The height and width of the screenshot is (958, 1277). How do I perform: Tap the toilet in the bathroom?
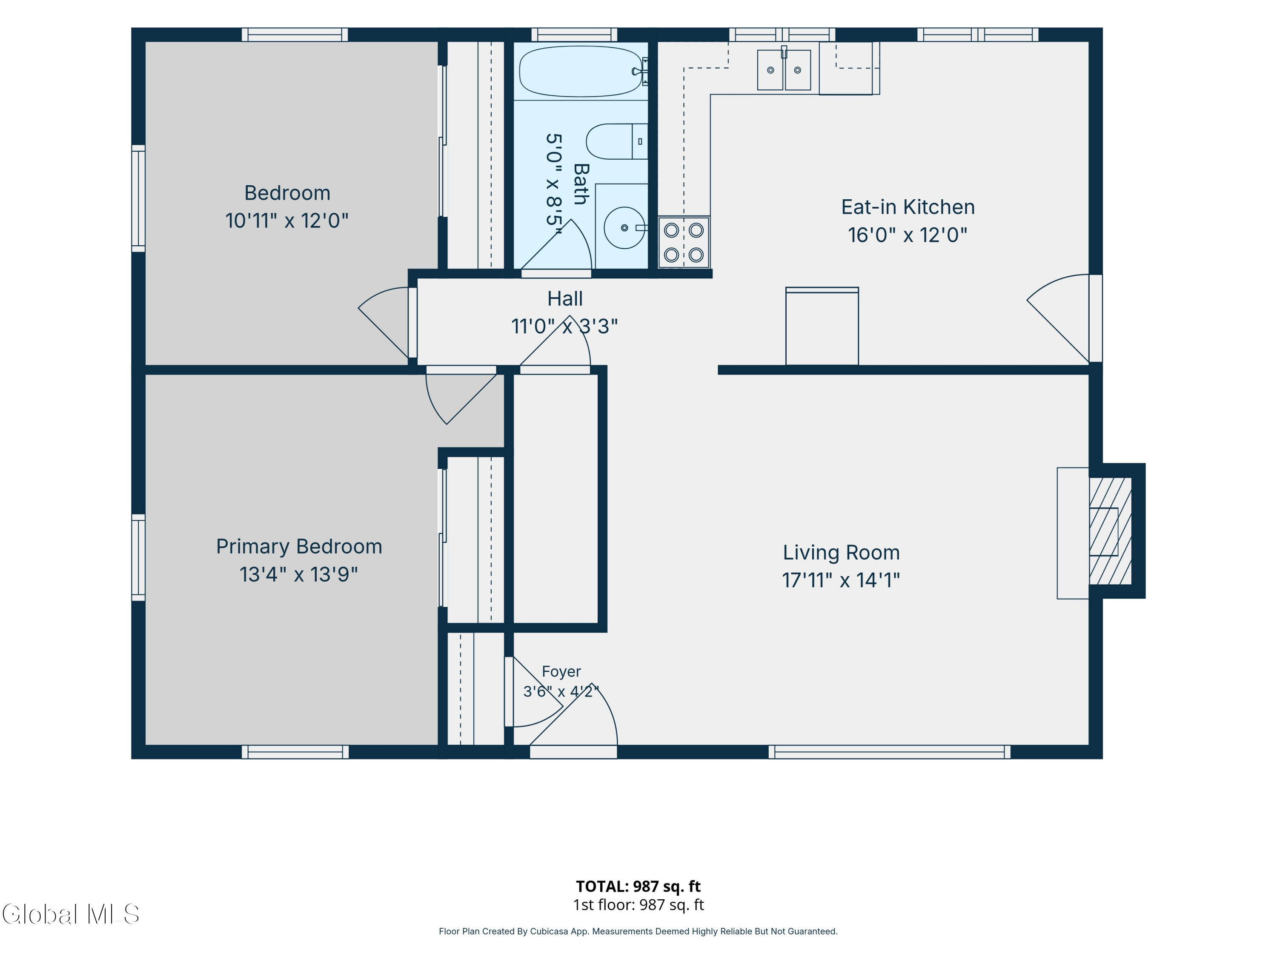click(x=616, y=141)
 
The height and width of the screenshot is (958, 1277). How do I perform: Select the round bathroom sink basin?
click(x=624, y=227)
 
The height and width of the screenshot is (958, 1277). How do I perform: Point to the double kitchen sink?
click(x=784, y=70)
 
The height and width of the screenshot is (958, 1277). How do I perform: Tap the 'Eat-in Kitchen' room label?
click(x=908, y=207)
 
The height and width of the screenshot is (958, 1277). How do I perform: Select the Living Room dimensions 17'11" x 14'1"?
click(x=841, y=580)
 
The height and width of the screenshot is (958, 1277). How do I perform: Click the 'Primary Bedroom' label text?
click(x=299, y=547)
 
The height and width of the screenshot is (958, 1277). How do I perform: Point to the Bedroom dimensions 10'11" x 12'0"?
click(x=287, y=221)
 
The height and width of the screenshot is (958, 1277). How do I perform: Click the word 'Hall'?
click(x=564, y=298)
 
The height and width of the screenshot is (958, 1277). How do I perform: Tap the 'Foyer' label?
click(x=561, y=671)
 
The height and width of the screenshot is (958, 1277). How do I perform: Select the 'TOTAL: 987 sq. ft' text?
click(x=638, y=886)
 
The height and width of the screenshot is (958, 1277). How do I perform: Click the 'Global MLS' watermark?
click(x=70, y=914)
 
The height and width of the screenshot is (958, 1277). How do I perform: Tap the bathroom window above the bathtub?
click(x=574, y=34)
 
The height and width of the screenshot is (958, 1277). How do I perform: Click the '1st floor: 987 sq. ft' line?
click(x=638, y=905)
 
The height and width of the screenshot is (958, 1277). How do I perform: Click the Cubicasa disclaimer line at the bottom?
click(x=638, y=932)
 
